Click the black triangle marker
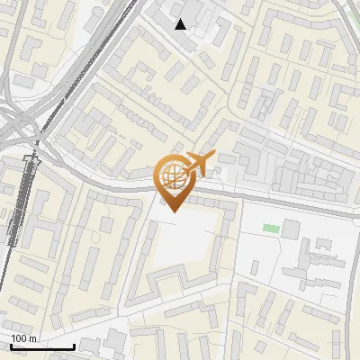[181, 24]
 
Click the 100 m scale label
[22, 338]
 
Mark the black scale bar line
[41, 346]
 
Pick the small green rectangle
[271, 229]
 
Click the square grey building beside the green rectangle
[292, 228]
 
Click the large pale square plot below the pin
[184, 241]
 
